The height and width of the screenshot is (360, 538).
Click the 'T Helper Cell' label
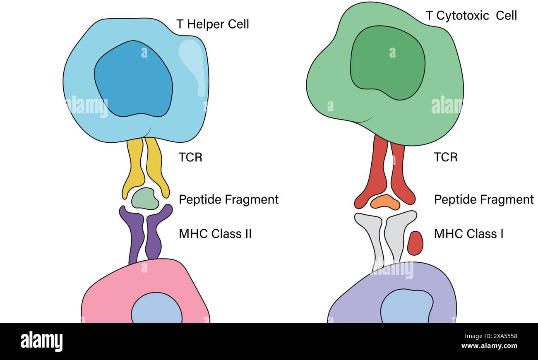point(213,24)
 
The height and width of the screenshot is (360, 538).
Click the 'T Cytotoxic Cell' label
point(471,16)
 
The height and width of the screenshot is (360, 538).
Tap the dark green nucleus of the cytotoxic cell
point(387,62)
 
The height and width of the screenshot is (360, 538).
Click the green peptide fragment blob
point(145,199)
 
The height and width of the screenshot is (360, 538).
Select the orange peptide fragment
point(385,202)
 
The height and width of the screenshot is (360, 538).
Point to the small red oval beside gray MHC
point(415,243)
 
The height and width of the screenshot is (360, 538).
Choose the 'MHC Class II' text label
point(215,234)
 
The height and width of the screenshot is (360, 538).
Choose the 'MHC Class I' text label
point(468,234)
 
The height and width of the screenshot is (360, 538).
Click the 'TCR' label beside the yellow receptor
point(190,157)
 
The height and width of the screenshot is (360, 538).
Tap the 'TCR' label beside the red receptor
point(445,157)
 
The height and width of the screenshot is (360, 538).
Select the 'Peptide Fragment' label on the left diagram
point(228,199)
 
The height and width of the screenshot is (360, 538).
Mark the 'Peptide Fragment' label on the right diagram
point(484,199)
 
